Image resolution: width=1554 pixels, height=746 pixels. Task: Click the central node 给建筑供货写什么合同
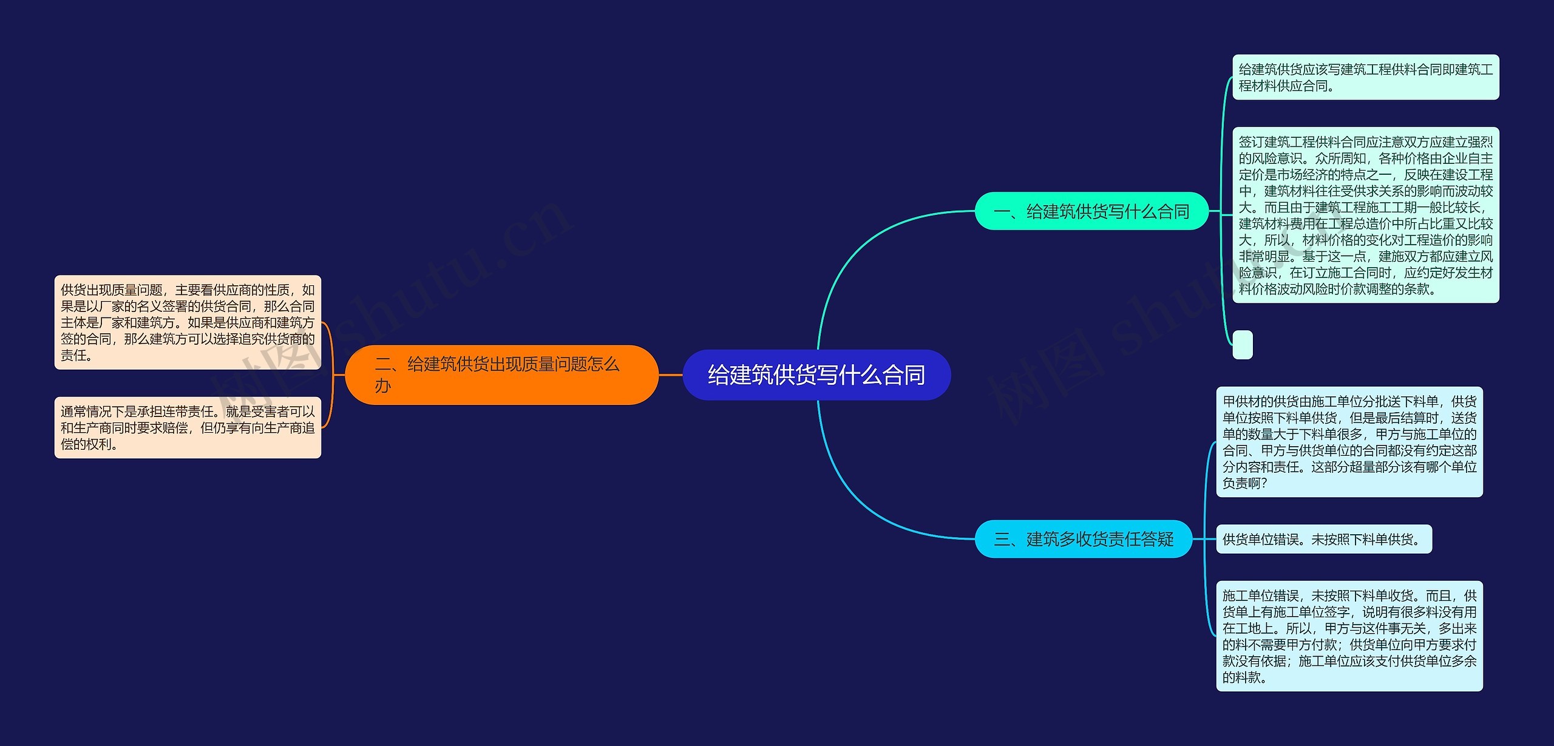[x=816, y=375]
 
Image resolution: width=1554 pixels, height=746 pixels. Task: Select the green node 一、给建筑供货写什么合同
[x=1091, y=211]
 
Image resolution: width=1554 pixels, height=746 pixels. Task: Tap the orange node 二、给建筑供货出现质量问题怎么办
[x=501, y=375]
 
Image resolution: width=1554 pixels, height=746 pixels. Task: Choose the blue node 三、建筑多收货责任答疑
[x=1084, y=539]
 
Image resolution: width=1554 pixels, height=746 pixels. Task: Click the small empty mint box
[x=1243, y=345]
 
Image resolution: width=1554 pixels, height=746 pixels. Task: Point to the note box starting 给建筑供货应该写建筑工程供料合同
[x=1365, y=78]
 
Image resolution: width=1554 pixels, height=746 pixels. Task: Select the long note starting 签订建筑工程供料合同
[x=1365, y=215]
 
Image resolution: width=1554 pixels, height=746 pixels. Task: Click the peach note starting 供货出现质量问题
[x=188, y=322]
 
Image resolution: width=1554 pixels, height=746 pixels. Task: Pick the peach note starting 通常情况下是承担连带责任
[x=188, y=427]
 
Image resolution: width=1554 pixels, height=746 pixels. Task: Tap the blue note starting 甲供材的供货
[x=1349, y=442]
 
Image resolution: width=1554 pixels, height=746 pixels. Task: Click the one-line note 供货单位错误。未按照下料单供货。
[x=1323, y=539]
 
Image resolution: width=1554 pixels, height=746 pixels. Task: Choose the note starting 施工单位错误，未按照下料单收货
[x=1349, y=636]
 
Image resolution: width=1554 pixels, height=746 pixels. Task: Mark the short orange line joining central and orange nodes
[x=671, y=375]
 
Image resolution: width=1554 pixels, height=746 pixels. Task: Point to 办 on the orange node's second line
[x=382, y=386]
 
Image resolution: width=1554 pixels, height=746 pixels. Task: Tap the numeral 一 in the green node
[x=1002, y=212]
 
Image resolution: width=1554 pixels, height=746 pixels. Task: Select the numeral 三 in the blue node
[x=1002, y=540]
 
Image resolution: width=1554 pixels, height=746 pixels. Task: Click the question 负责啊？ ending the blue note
[x=1244, y=483]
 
